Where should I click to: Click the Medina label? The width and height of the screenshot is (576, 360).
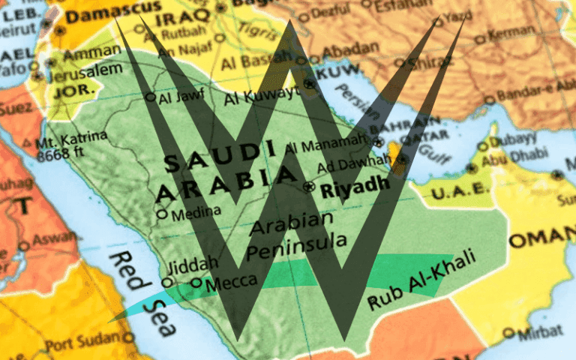click(196, 213)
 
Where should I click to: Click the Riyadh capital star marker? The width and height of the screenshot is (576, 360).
click(307, 186)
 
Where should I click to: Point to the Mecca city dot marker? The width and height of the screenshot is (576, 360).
click(196, 283)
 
